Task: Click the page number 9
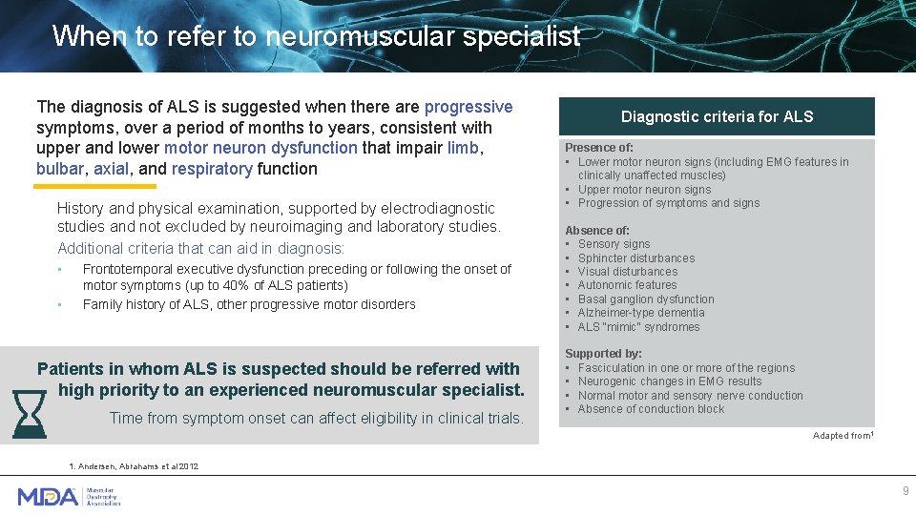click(x=906, y=490)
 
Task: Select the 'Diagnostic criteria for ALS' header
click(x=717, y=116)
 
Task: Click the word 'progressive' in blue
click(x=468, y=107)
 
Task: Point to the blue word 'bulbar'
click(x=60, y=169)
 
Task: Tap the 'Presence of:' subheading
click(x=598, y=148)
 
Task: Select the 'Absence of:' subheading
click(x=597, y=231)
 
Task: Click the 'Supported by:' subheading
click(x=603, y=354)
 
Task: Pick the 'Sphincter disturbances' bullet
click(x=635, y=258)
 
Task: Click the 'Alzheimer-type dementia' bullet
click(x=640, y=313)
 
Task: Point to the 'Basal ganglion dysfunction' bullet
click(x=645, y=299)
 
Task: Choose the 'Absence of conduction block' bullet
click(x=651, y=409)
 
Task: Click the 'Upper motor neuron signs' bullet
click(x=644, y=190)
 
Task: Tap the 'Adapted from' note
click(x=843, y=436)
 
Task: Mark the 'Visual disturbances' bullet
click(x=627, y=272)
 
